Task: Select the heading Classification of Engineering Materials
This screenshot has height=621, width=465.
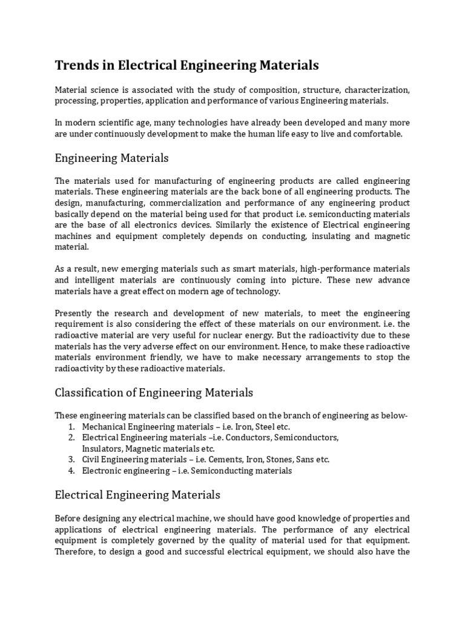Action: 154,392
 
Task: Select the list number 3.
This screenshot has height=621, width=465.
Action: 71,460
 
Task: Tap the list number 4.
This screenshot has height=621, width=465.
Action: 71,471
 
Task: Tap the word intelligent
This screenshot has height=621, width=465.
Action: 99,280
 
